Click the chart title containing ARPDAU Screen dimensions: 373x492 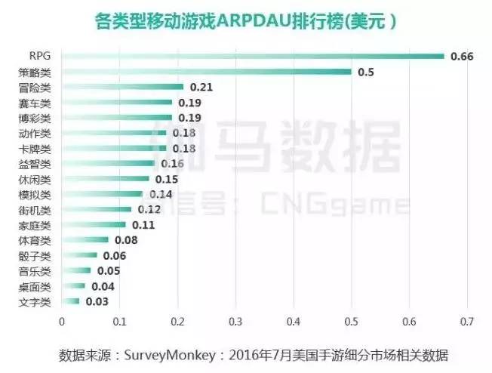(246, 20)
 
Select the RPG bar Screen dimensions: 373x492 (252, 56)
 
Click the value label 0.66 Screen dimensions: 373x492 (461, 57)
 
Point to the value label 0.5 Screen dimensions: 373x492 (366, 72)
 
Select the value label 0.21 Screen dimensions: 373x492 (201, 88)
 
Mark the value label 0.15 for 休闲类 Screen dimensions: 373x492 (167, 179)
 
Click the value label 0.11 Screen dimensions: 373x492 (143, 225)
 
